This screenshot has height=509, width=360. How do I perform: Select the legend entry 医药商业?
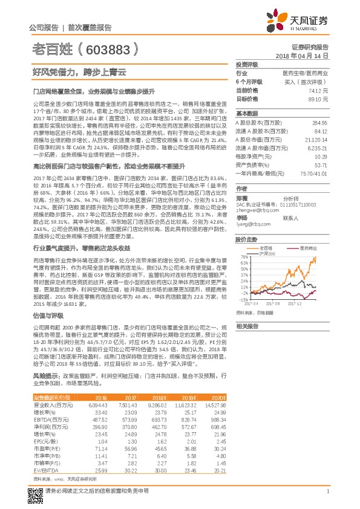point(309,248)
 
